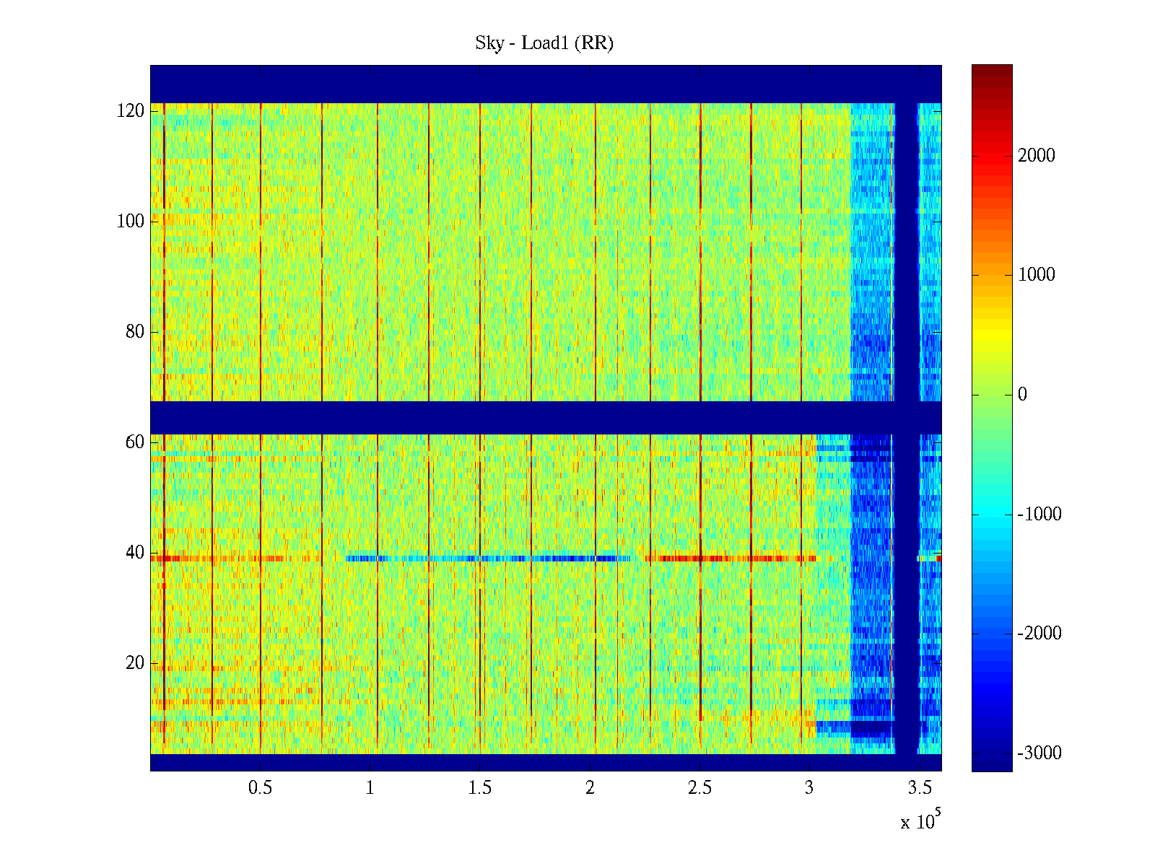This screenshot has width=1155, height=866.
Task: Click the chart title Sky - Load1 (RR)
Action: pos(544,43)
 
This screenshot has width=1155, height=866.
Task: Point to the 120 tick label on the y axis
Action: pos(131,111)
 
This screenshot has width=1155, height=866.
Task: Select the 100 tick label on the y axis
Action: pos(131,222)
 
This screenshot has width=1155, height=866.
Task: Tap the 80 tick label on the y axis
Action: pos(135,332)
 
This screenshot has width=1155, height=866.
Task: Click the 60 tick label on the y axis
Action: pos(135,442)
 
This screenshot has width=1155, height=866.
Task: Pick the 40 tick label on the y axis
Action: pos(135,553)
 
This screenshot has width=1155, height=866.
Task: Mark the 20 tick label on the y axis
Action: pos(135,663)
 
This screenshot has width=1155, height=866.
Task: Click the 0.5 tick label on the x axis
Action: pos(260,788)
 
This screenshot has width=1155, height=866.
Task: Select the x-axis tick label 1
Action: pos(370,788)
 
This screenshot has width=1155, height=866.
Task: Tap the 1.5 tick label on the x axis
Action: pos(480,788)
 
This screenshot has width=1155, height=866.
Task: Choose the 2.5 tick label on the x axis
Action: pos(699,788)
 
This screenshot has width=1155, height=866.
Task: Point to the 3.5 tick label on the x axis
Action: pos(920,788)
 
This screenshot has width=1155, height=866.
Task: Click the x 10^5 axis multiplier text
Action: pos(920,821)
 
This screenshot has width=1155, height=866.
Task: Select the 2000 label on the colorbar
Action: pos(1036,156)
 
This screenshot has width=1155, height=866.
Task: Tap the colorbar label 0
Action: pos(1022,395)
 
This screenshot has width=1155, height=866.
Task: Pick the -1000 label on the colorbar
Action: pos(1039,515)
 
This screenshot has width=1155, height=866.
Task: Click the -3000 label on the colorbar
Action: pos(1039,753)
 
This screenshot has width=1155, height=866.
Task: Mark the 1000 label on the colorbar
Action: pos(1036,275)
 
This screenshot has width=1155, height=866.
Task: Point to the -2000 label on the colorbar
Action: pos(1039,634)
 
